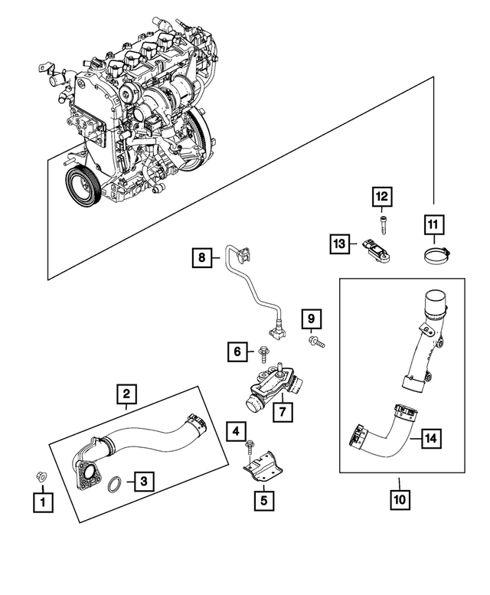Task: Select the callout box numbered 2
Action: tap(127, 395)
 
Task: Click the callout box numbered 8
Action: tap(202, 258)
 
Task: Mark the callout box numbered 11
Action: tap(433, 224)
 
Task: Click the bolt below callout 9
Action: tap(317, 345)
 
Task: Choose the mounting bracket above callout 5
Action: tap(264, 464)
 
